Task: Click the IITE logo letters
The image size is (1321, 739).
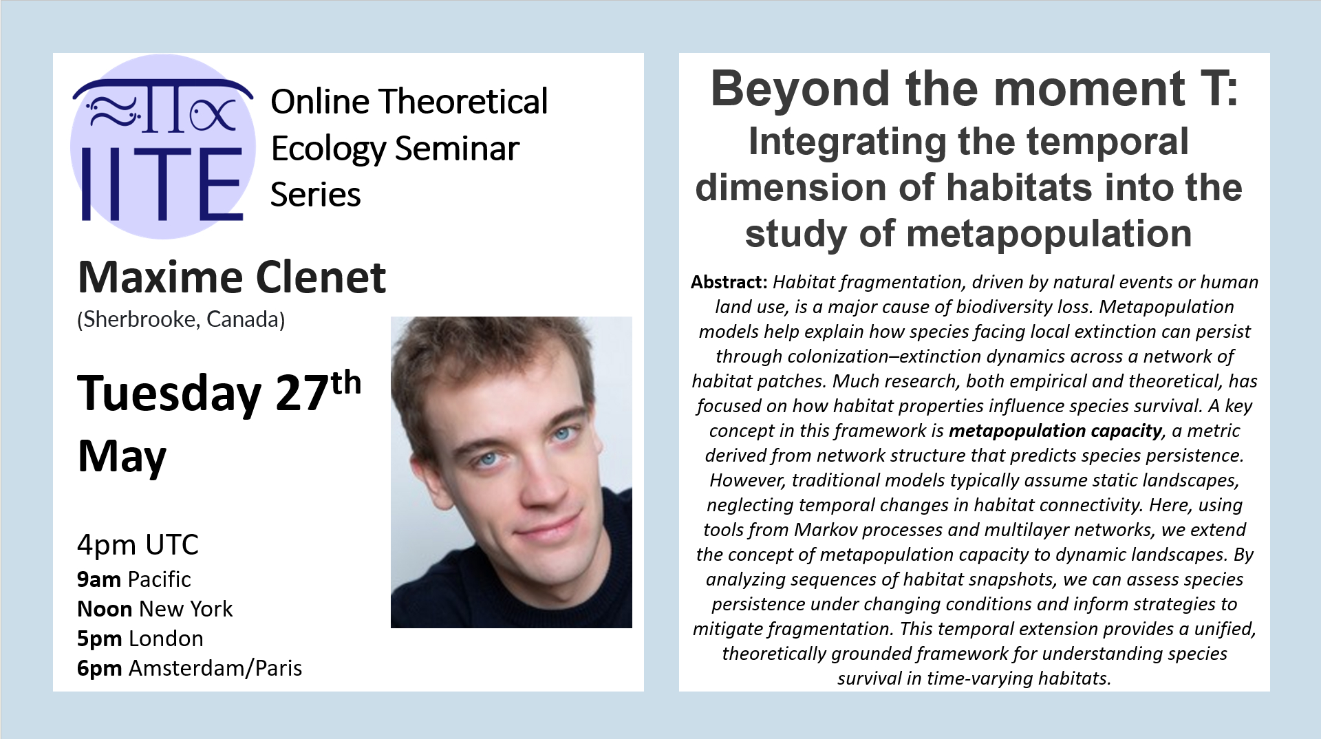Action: point(162,184)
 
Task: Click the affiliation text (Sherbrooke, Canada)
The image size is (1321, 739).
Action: point(181,319)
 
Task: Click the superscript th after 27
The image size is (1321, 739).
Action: point(346,383)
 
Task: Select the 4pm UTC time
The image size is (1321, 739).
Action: point(138,545)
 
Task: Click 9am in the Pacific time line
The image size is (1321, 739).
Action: point(99,579)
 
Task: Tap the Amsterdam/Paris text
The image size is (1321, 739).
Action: point(215,668)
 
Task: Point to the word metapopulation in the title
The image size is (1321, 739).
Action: point(1049,234)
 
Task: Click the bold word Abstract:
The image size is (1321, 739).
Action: point(729,282)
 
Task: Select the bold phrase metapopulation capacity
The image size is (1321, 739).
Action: point(1055,431)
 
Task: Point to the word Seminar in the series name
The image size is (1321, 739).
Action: point(458,149)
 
